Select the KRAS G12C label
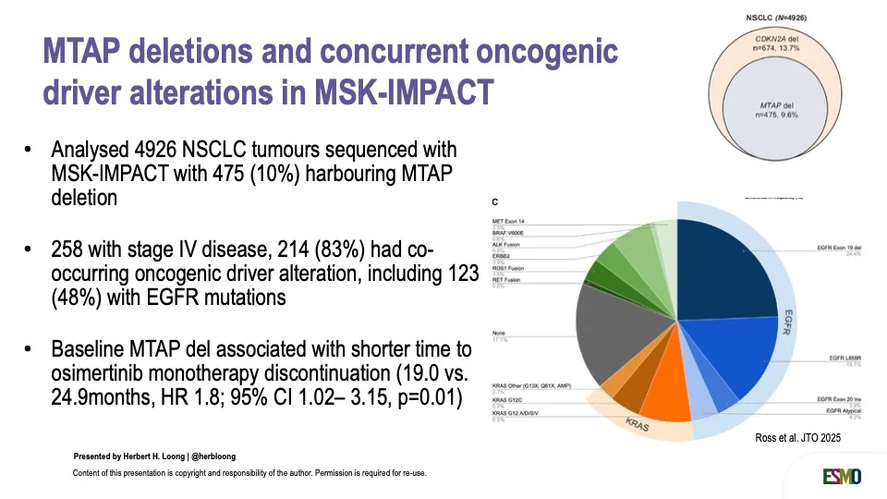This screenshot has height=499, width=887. point(506,400)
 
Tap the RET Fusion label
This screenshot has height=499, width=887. point(507,280)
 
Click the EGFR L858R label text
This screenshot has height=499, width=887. point(846,359)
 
